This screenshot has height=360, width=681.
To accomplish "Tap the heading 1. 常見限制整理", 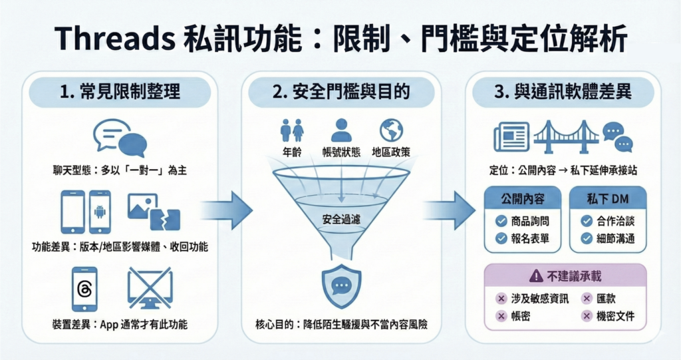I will [x=120, y=91].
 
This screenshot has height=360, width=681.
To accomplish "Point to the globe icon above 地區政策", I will [x=391, y=130].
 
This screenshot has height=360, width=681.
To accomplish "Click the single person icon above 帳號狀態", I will [x=341, y=130].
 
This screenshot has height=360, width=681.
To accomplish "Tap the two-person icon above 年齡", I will [x=292, y=130].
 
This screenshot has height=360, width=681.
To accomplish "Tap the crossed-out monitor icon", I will [x=150, y=287].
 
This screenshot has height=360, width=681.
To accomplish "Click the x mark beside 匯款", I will [x=587, y=298].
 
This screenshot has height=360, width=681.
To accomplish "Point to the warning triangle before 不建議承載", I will [x=535, y=275].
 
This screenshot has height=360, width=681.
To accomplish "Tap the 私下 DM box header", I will [x=607, y=198].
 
